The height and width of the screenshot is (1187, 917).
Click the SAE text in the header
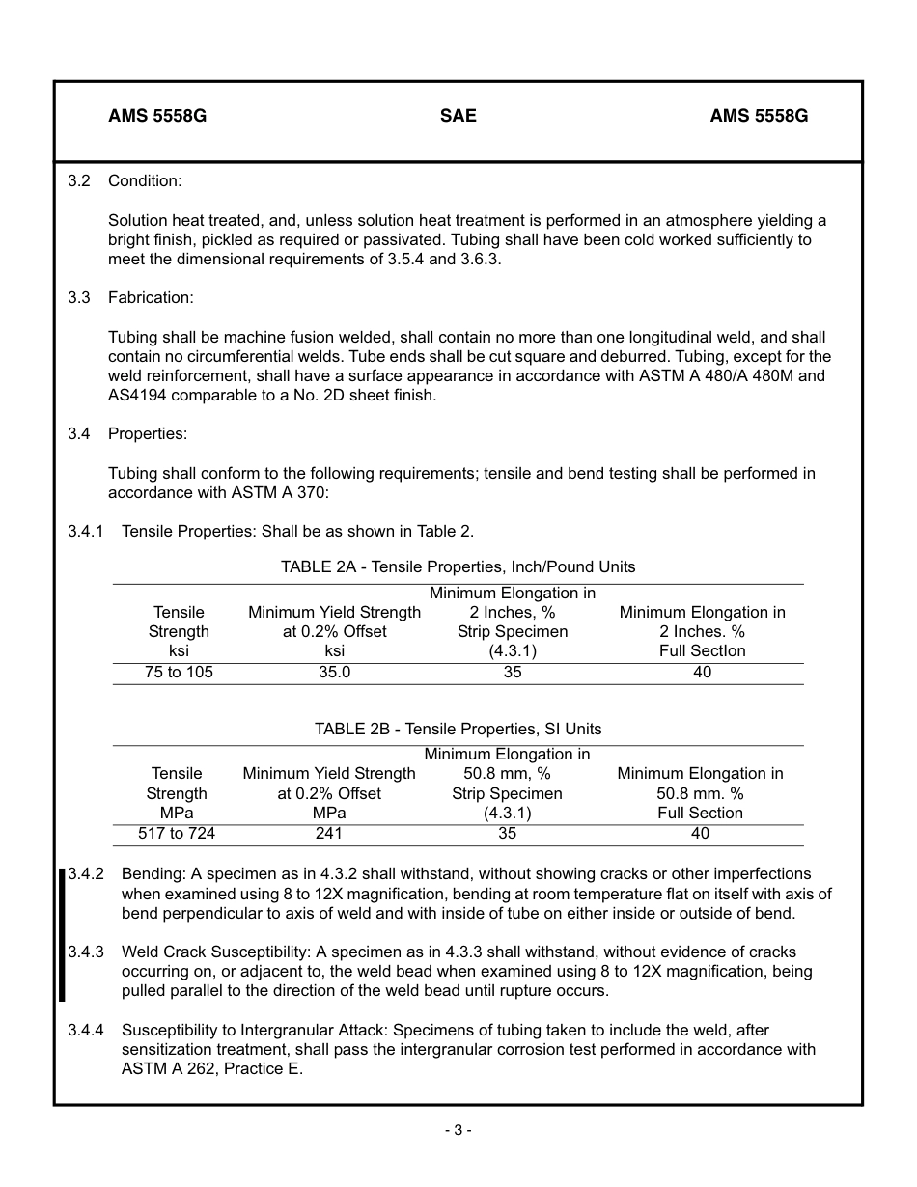pyautogui.click(x=458, y=116)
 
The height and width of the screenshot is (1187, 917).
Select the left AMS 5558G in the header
pyautogui.click(x=157, y=116)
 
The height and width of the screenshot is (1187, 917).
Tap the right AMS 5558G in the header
pyautogui.click(x=759, y=116)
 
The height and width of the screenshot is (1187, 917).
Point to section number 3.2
pyautogui.click(x=78, y=181)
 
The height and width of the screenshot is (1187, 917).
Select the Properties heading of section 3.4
pyautogui.click(x=147, y=434)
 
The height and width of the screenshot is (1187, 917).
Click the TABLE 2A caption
pyautogui.click(x=458, y=566)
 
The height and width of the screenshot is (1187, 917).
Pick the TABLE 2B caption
pyautogui.click(x=458, y=729)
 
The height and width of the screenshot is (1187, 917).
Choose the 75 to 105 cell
pyautogui.click(x=179, y=673)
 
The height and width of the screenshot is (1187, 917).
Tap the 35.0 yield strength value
pyautogui.click(x=334, y=673)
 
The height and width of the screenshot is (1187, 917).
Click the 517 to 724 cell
pyautogui.click(x=177, y=834)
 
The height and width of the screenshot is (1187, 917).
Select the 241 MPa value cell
pyautogui.click(x=328, y=834)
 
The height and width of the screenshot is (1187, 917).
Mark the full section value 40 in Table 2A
pyautogui.click(x=702, y=673)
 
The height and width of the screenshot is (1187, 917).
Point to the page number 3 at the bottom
pyautogui.click(x=458, y=1130)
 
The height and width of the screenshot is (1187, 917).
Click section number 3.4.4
pyautogui.click(x=86, y=1031)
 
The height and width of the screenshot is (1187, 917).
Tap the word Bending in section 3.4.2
pyautogui.click(x=152, y=874)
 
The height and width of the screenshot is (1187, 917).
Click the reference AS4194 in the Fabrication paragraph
pyautogui.click(x=137, y=396)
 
